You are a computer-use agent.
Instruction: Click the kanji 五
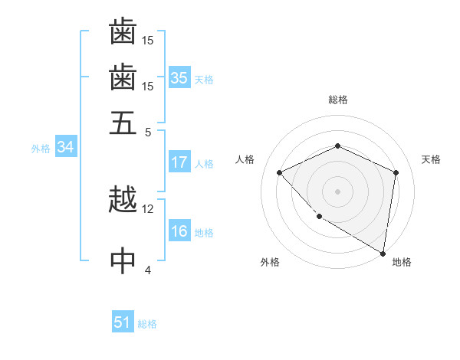point(123,123)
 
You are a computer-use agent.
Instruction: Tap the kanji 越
point(123,201)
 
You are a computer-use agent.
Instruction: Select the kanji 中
point(123,260)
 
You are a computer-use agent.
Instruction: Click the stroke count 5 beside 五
point(147,131)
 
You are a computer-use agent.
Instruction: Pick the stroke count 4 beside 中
point(147,269)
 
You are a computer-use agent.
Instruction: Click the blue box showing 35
point(179,78)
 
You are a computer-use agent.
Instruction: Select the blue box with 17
point(179,162)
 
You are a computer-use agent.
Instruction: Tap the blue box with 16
point(179,232)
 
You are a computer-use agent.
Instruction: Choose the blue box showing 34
point(65,148)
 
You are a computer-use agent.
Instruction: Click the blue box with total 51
point(123,323)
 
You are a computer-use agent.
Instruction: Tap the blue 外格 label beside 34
point(41,149)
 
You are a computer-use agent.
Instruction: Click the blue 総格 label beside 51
point(147,324)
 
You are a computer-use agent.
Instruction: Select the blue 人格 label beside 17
point(204,163)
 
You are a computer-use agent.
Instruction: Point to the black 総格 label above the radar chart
point(338,100)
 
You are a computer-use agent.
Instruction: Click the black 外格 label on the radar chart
point(270,262)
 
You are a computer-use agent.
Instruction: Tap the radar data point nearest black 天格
point(396,172)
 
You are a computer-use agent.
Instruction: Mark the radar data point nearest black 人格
point(280,172)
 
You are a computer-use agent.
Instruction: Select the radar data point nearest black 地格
point(383,252)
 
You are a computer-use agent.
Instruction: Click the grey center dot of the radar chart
point(338,191)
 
